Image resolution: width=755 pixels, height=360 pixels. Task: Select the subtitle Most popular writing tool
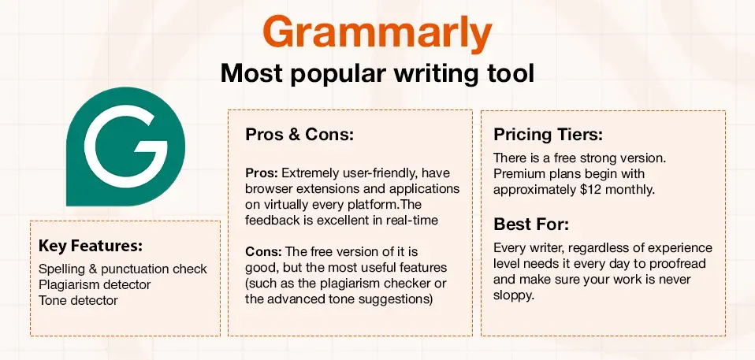[377, 73]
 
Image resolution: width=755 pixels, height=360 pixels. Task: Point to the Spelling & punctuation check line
[123, 269]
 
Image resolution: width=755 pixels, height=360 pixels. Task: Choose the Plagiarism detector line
[95, 284]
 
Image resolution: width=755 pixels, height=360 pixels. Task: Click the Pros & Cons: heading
[299, 135]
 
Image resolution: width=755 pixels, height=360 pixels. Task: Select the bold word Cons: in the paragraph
[262, 252]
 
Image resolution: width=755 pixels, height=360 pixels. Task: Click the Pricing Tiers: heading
[549, 134]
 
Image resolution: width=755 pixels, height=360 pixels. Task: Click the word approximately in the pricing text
[534, 190]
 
